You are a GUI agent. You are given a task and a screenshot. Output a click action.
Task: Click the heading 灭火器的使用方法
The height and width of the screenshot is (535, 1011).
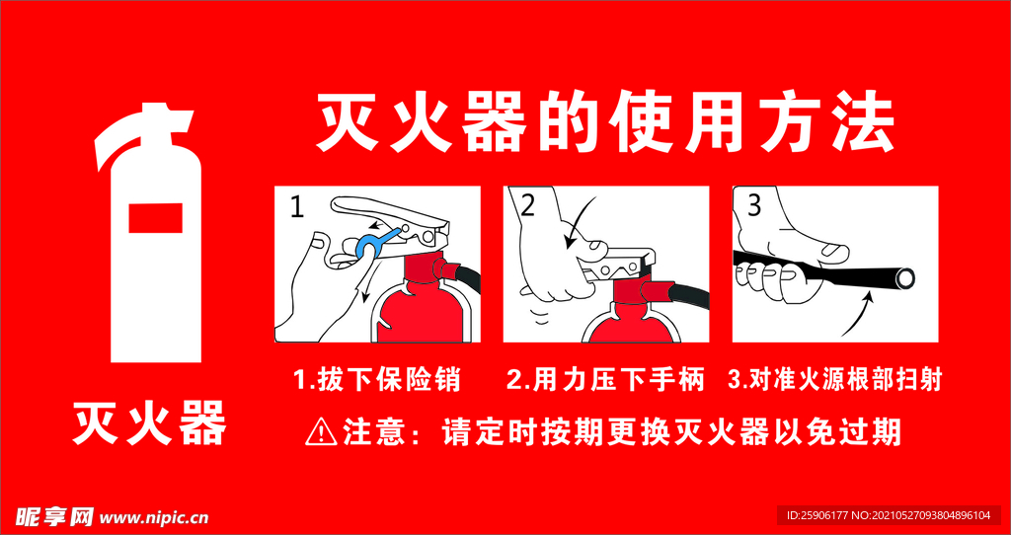(604, 124)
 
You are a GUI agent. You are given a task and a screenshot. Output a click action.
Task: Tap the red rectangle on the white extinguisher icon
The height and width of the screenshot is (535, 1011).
(155, 217)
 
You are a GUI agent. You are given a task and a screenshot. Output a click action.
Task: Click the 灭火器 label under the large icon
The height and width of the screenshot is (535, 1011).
(149, 421)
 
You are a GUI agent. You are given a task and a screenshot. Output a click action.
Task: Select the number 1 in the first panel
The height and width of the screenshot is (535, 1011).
(297, 206)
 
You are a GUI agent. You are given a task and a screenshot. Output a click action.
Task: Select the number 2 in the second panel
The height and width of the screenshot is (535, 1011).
(527, 205)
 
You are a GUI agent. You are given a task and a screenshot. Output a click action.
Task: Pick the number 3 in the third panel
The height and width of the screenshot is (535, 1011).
(754, 205)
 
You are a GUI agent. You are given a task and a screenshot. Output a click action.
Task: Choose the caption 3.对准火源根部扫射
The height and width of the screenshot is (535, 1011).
(834, 378)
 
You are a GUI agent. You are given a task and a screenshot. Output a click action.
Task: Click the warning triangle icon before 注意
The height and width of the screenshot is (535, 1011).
(322, 430)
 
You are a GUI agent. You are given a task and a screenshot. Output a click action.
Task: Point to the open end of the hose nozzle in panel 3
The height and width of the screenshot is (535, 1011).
(904, 280)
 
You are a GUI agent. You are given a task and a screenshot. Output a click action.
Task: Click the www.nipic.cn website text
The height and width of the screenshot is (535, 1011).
(155, 516)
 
